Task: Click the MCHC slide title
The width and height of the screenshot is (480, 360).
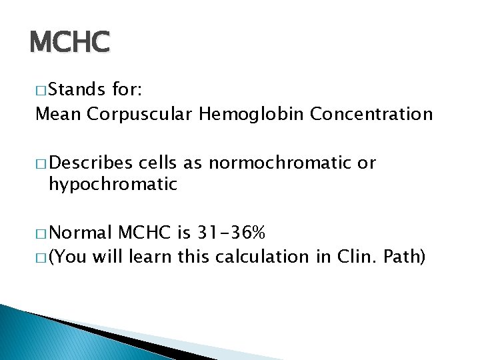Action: (69, 43)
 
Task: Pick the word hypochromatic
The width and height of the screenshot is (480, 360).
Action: (113, 184)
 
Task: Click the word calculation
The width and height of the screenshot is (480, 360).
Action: (267, 256)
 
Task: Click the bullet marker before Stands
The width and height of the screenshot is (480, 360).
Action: (41, 89)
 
